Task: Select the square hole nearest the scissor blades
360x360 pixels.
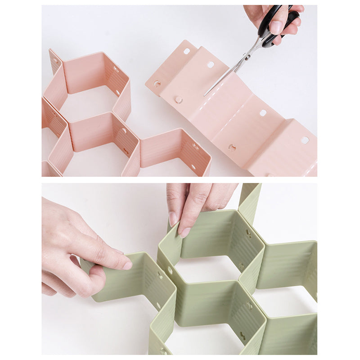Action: tap(210, 64)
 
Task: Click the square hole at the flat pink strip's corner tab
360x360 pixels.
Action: tap(186, 51)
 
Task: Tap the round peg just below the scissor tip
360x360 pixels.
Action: tap(179, 99)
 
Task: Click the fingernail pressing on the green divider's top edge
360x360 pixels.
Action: tap(184, 232)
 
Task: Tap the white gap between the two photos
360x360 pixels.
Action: tap(180, 180)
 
